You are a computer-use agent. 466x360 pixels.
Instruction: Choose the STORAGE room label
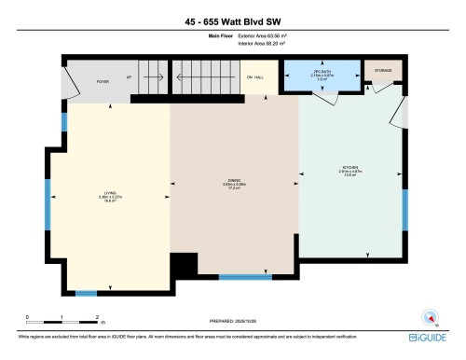coord(383,71)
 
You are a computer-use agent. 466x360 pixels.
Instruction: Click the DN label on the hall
coord(253,77)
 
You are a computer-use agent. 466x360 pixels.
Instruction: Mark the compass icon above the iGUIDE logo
coord(430,315)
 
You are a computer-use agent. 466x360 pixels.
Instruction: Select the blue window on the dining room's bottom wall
coord(245,277)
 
